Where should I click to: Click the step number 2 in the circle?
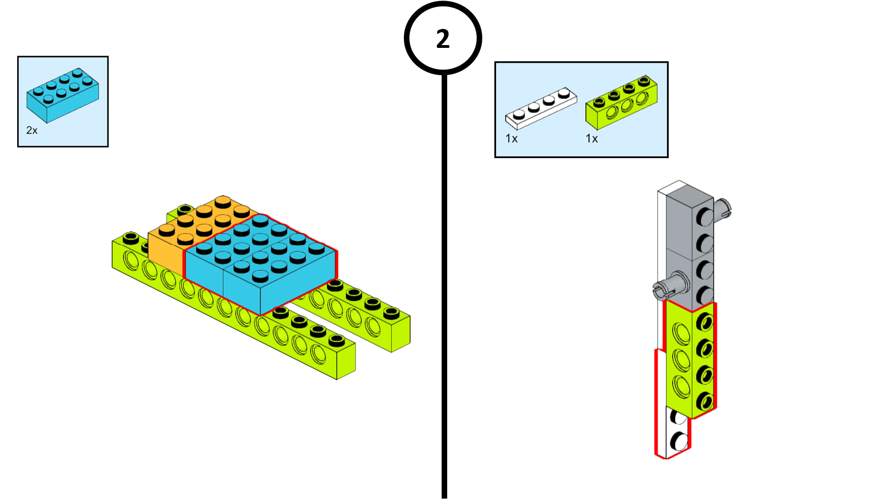pyautogui.click(x=443, y=39)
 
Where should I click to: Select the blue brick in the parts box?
pyautogui.click(x=62, y=96)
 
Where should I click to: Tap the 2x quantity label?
pyautogui.click(x=32, y=130)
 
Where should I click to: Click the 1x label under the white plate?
pyautogui.click(x=511, y=139)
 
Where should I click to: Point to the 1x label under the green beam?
pyautogui.click(x=591, y=139)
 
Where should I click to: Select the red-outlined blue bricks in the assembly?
pyautogui.click(x=260, y=262)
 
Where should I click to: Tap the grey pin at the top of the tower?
pyautogui.click(x=724, y=209)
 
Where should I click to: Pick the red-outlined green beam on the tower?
pyautogui.click(x=690, y=359)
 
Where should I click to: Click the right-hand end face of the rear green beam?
pyautogui.click(x=400, y=334)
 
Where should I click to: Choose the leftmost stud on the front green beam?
pyautogui.click(x=131, y=238)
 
